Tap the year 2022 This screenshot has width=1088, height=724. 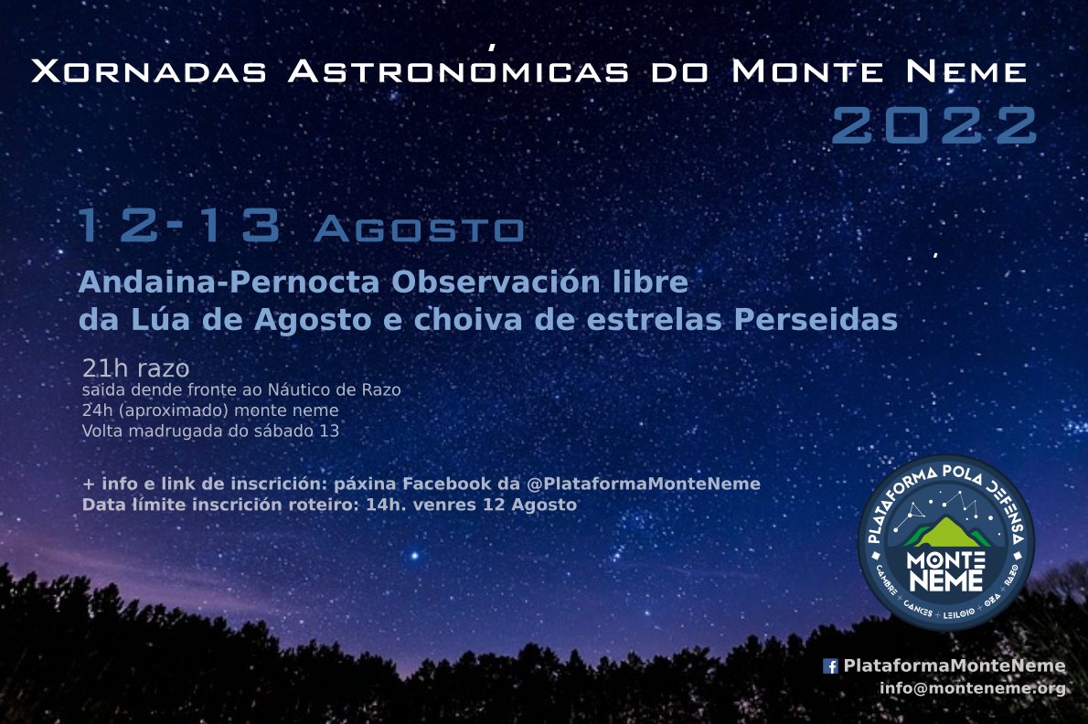pyautogui.click(x=933, y=126)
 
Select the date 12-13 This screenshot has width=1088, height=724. pyautogui.click(x=178, y=228)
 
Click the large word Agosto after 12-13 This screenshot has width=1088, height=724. pyautogui.click(x=419, y=230)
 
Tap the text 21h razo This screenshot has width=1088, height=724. pyautogui.click(x=135, y=369)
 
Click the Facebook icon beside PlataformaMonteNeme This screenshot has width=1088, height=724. pyautogui.click(x=831, y=666)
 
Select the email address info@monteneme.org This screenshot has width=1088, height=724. pyautogui.click(x=972, y=688)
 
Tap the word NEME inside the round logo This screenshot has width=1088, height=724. pyautogui.click(x=946, y=580)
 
